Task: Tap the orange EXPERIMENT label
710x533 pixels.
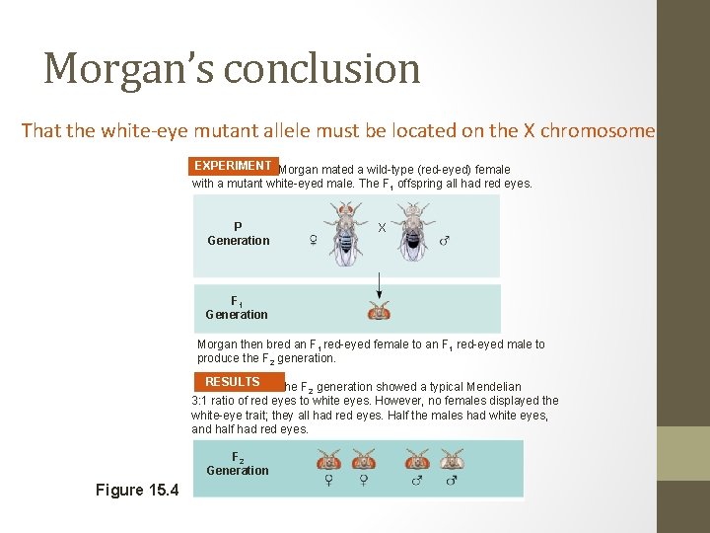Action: (234, 166)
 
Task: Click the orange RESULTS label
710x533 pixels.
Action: (233, 382)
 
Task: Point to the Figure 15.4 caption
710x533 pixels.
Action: (137, 491)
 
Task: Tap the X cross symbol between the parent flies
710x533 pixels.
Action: (382, 227)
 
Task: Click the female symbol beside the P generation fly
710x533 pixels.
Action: (313, 240)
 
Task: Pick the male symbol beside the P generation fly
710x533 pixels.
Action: (444, 240)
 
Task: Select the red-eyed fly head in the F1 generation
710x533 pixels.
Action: (379, 312)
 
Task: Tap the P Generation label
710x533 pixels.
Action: (238, 233)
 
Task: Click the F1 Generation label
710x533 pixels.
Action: (237, 307)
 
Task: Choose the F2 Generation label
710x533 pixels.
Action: (238, 464)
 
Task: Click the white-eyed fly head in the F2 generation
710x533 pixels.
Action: (452, 459)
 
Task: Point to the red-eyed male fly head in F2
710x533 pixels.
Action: (417, 459)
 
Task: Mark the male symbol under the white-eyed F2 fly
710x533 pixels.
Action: (452, 481)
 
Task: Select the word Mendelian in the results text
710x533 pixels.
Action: (490, 387)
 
